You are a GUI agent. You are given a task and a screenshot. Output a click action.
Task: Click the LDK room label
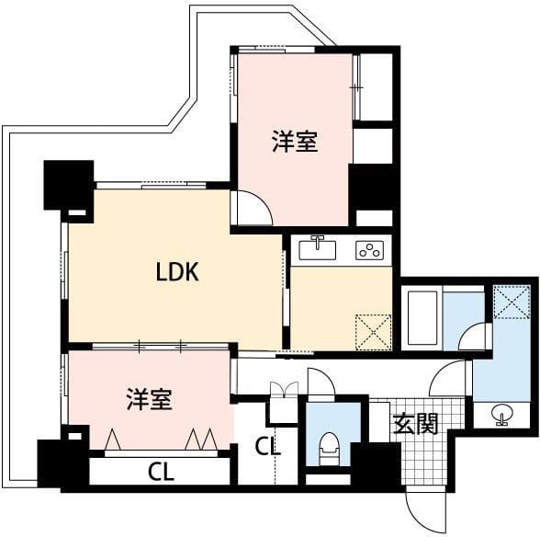(177, 272)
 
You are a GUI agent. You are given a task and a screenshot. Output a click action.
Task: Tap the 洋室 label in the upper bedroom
(295, 141)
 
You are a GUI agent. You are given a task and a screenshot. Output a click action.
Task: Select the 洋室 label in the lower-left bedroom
(149, 399)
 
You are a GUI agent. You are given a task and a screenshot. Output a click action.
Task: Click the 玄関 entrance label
(415, 423)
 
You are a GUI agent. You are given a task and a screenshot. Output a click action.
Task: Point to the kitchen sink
(317, 248)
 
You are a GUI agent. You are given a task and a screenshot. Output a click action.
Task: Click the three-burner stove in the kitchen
(369, 250)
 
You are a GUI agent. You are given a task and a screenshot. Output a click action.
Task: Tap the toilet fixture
(329, 449)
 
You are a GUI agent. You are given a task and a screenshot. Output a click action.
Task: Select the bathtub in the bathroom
(422, 318)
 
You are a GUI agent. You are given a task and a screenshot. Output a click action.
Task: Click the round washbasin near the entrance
(502, 414)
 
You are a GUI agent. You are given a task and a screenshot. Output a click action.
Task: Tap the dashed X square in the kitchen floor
(373, 332)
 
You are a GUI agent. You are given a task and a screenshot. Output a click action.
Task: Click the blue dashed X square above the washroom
(512, 302)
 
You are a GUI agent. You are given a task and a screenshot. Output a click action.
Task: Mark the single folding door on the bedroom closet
(113, 440)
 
